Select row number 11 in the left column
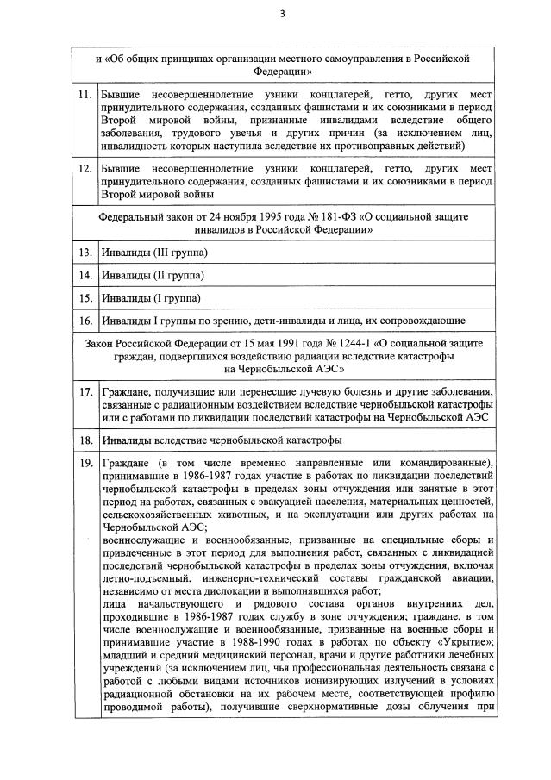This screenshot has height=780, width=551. [x=85, y=92]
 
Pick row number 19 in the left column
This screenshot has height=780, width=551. [x=85, y=463]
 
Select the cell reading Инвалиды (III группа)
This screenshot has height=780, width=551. [x=155, y=253]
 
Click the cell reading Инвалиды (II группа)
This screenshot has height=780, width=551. [x=153, y=276]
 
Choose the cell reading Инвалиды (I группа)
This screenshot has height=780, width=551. [x=151, y=299]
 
